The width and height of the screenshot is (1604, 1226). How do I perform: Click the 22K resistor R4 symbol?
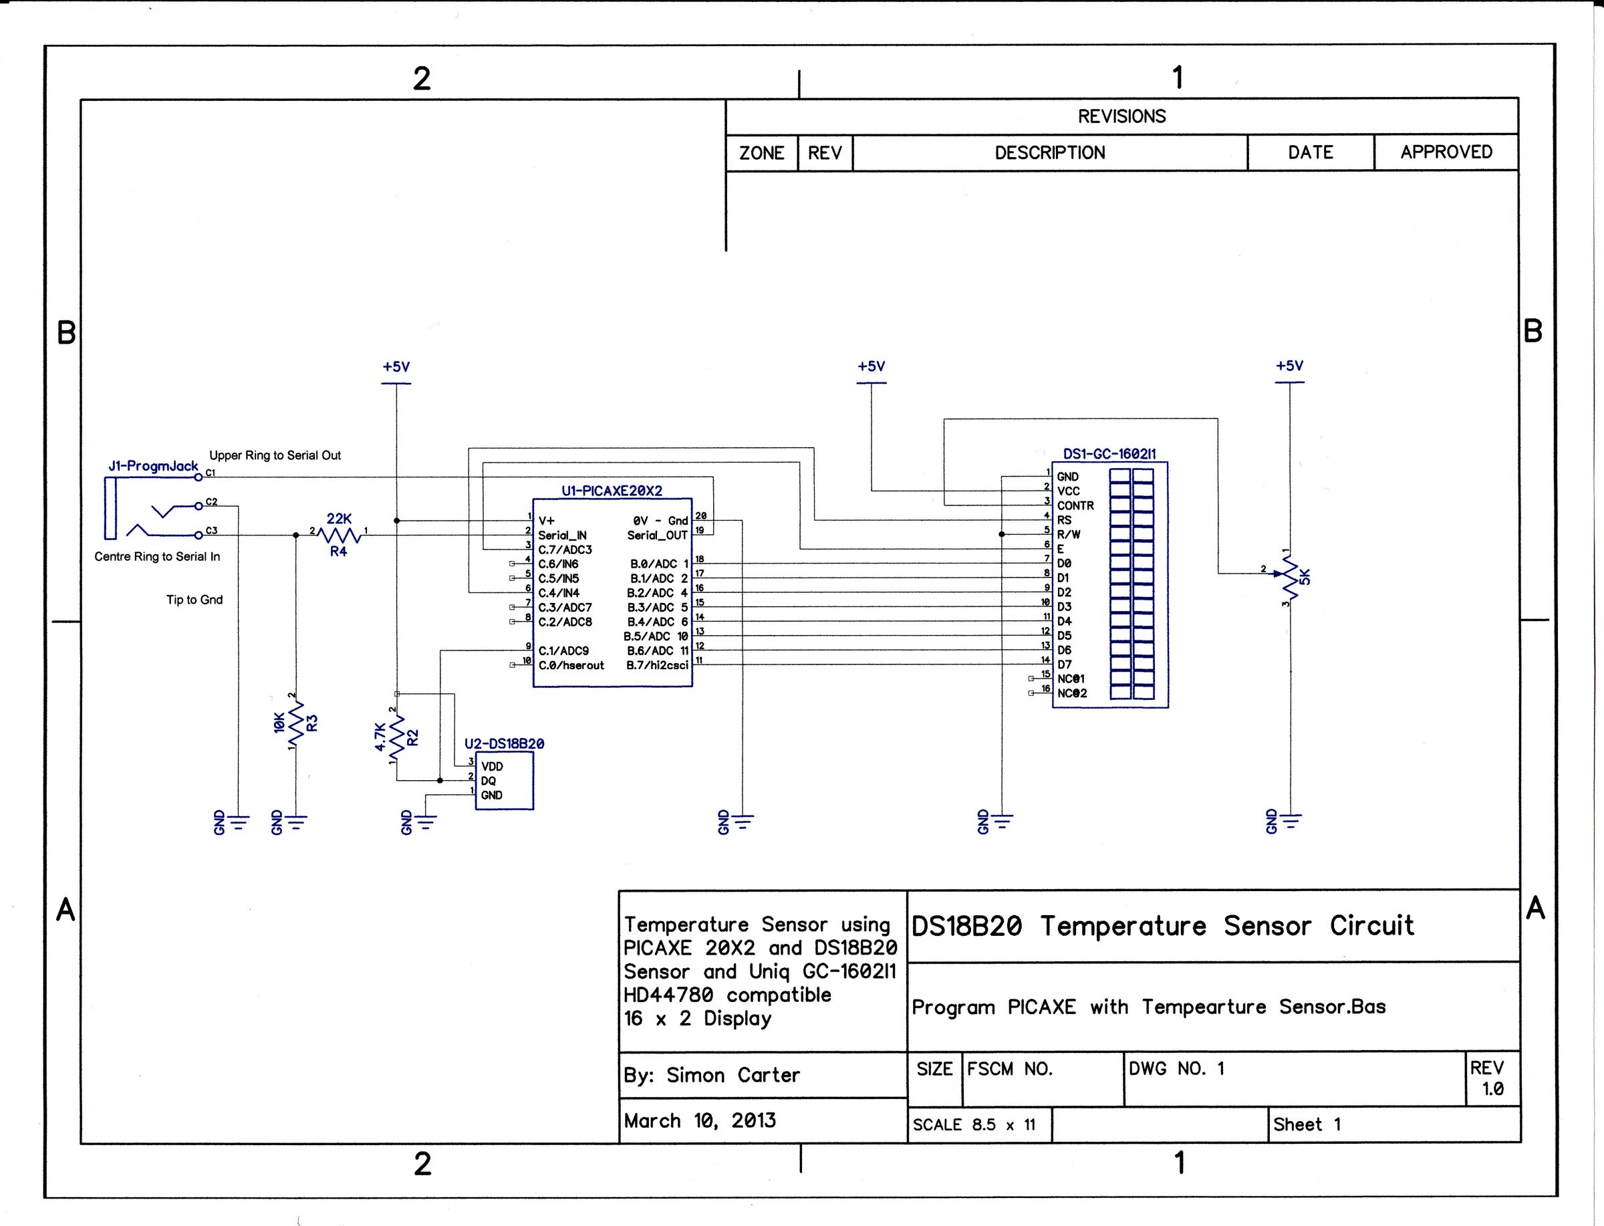(340, 535)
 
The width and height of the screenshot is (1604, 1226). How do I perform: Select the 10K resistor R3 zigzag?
(295, 723)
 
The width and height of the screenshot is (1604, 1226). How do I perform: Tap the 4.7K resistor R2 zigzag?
(397, 737)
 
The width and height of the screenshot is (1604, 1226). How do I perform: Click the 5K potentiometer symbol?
(1290, 576)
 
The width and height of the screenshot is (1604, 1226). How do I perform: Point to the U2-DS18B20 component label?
(504, 743)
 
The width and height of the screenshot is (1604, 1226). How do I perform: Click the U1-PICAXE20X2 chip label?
(612, 491)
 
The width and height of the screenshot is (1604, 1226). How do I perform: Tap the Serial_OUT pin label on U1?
(656, 535)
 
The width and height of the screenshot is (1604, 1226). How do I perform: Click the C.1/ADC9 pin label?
(563, 650)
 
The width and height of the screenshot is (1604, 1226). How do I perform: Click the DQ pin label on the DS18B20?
(488, 781)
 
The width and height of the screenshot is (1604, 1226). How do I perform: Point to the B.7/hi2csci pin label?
(656, 665)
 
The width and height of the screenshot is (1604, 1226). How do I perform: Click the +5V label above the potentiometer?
(1289, 366)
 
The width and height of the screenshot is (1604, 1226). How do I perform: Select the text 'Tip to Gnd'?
(194, 600)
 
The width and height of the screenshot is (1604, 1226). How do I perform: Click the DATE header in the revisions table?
(1310, 152)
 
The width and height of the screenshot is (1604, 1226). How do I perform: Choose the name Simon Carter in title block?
(732, 1075)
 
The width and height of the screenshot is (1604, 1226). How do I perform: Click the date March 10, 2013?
(700, 1120)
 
